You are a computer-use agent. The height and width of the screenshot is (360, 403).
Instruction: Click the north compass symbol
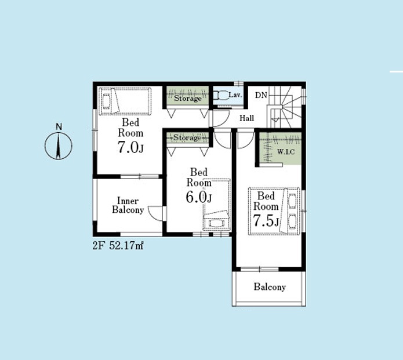click(x=59, y=146)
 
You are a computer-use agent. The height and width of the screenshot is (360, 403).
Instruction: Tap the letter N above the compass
click(x=59, y=127)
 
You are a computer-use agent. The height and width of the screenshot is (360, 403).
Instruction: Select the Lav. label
click(x=235, y=95)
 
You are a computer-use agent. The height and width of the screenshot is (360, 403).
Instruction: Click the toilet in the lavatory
click(x=221, y=96)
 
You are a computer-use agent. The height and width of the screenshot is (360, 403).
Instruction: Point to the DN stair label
click(x=261, y=95)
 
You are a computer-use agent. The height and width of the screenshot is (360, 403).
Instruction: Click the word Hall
click(x=247, y=118)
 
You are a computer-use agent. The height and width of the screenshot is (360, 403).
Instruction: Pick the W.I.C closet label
click(x=286, y=152)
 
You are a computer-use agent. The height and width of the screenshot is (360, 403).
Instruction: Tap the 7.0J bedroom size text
click(x=130, y=147)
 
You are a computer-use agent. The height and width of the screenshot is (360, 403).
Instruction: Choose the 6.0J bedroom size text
click(x=199, y=197)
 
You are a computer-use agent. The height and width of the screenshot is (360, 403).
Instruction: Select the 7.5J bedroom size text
click(x=266, y=220)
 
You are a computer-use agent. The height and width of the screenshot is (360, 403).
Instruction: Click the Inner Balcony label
click(x=128, y=205)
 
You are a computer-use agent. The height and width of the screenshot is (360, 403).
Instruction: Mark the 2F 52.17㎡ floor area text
click(x=118, y=246)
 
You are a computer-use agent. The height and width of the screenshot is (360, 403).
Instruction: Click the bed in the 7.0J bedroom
click(x=125, y=101)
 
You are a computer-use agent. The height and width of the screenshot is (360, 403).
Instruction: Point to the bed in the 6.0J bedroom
click(x=216, y=205)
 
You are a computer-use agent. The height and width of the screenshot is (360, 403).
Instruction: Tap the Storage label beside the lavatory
click(x=188, y=98)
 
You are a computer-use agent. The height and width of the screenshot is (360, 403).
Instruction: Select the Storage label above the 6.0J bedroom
click(x=187, y=138)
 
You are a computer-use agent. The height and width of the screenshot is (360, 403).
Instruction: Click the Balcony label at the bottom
click(x=270, y=287)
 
